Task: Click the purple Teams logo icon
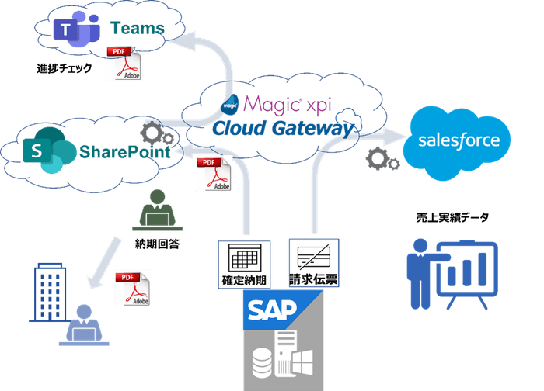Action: point(71,30)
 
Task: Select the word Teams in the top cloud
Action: point(138,28)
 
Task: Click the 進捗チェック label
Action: point(65,68)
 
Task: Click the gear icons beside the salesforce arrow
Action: point(382,160)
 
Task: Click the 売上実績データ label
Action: point(452,217)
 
